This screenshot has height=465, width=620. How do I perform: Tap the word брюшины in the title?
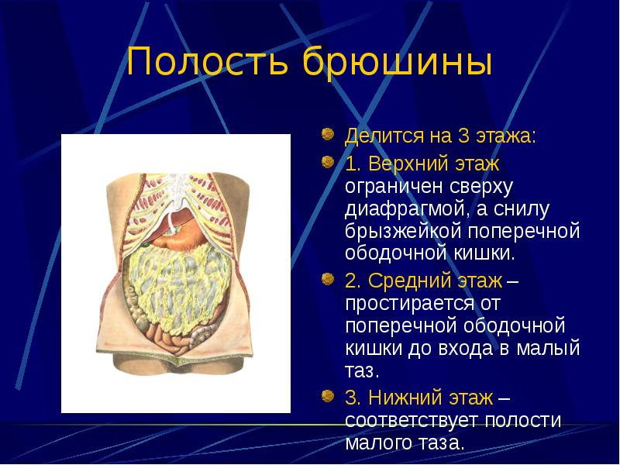398,61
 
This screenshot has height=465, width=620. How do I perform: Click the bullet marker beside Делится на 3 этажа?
328,134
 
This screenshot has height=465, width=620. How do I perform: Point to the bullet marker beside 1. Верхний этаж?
328,161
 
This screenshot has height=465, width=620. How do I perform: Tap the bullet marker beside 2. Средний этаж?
328,279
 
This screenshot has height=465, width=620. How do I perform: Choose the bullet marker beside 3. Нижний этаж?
328,395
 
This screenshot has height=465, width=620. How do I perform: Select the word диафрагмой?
408,209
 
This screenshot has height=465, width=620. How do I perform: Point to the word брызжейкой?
403,231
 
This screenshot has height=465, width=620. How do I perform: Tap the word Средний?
409,281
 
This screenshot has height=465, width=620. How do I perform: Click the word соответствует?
412,421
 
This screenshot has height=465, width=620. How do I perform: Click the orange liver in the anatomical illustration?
178,232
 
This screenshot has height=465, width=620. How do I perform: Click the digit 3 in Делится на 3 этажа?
463,136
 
